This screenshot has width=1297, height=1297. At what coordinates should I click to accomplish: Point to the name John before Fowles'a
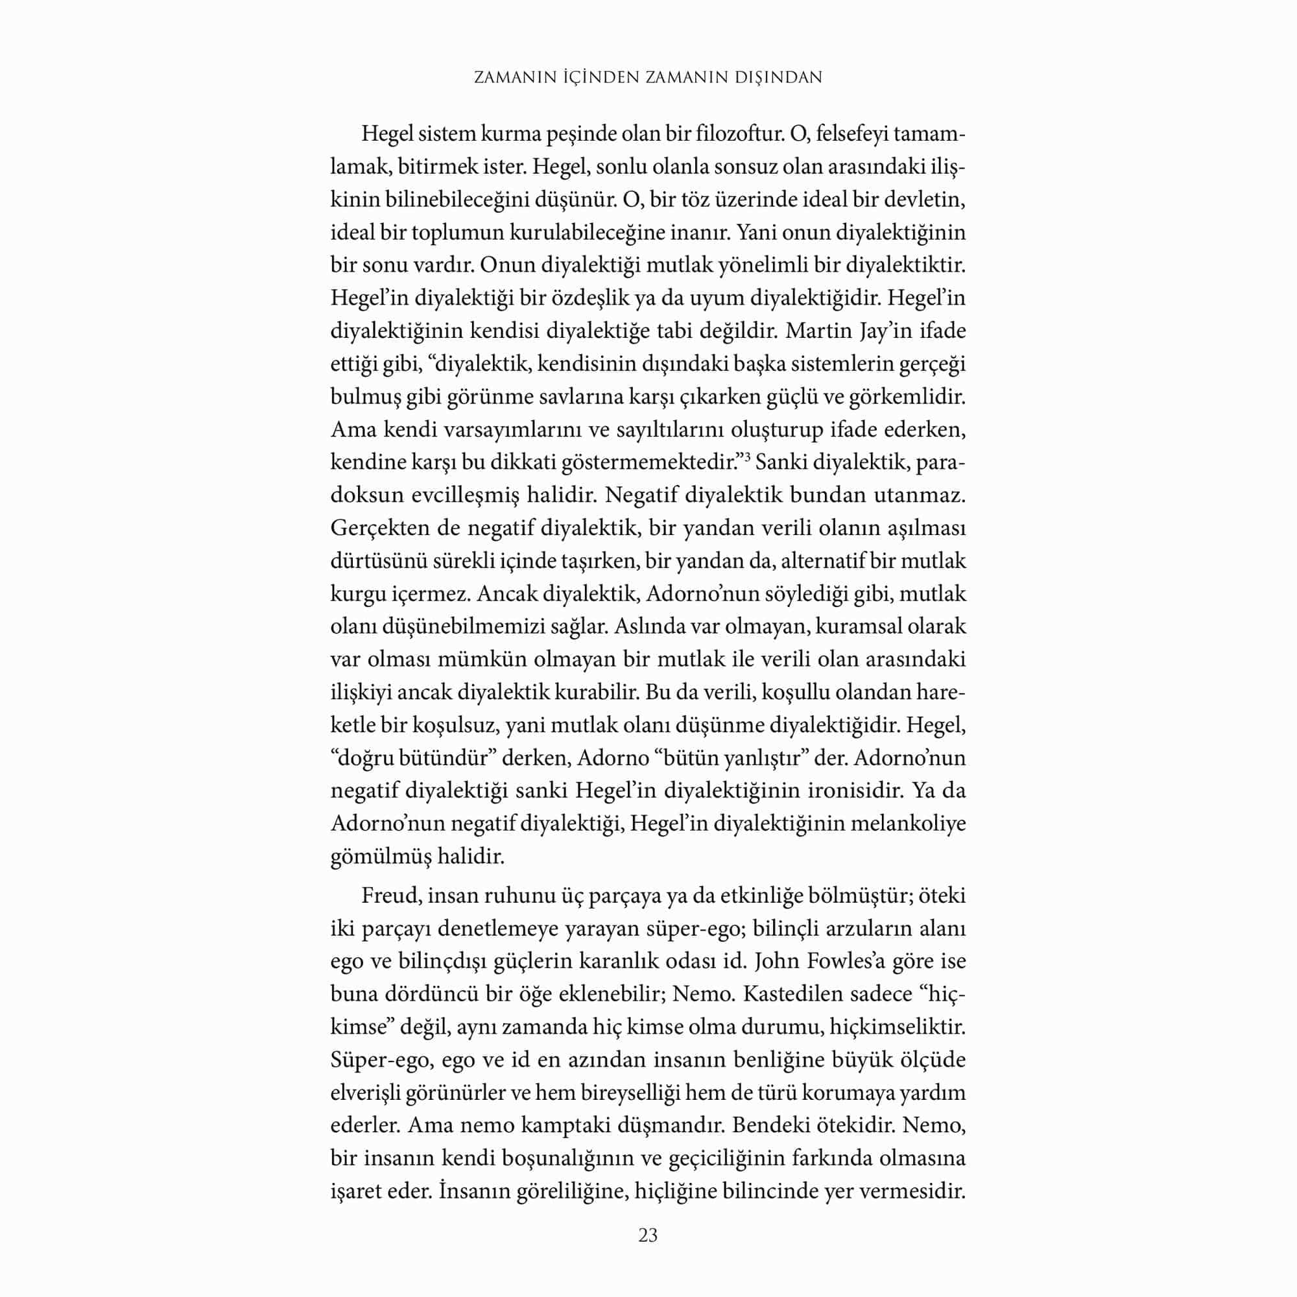(x=776, y=961)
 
